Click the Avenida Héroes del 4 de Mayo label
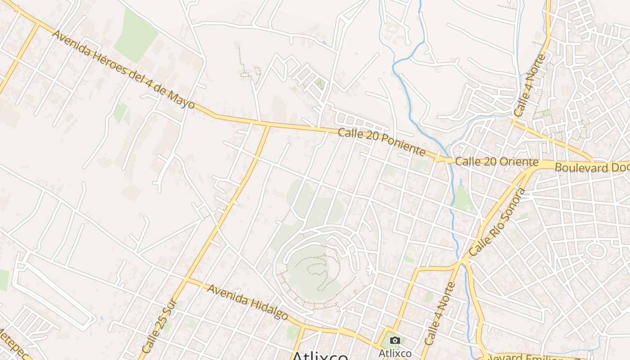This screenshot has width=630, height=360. tap(124, 70)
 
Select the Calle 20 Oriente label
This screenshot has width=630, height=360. tap(496, 162)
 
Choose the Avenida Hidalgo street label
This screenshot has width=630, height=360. tap(247, 302)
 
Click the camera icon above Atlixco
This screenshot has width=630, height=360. tap(395, 341)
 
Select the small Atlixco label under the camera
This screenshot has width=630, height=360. tap(395, 353)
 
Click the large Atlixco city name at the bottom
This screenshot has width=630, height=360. tap(320, 355)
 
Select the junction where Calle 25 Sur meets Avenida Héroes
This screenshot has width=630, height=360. tap(269, 126)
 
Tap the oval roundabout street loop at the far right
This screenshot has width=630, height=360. tap(597, 249)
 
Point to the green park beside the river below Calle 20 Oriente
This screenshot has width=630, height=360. tap(461, 198)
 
